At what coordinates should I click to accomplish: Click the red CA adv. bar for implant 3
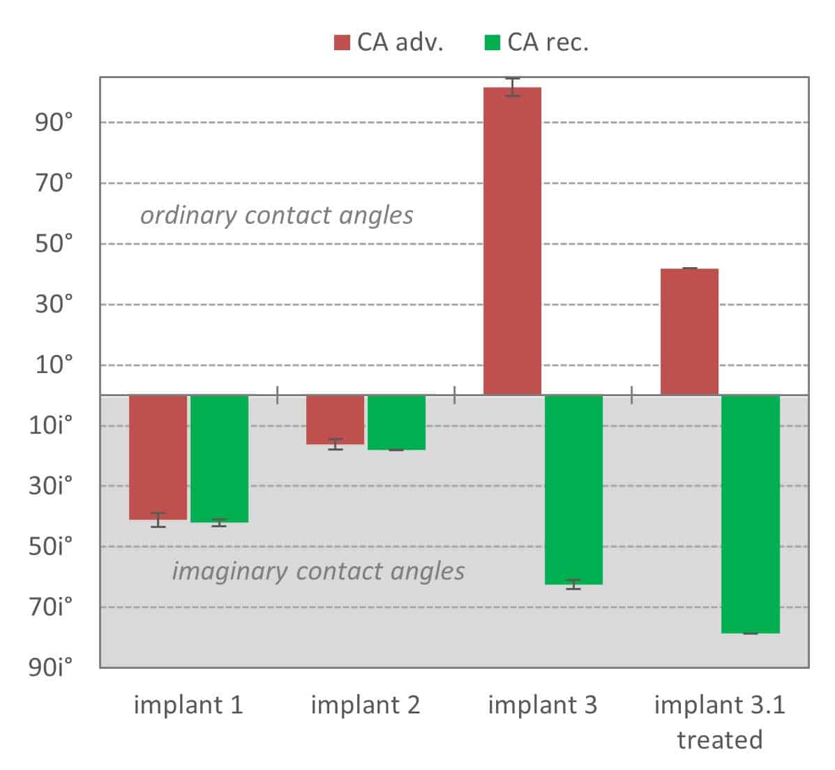[x=512, y=241]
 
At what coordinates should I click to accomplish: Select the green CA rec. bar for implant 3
[x=573, y=489]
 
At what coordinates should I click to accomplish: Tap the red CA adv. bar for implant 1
[x=158, y=457]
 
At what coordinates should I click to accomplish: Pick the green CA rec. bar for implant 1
[x=219, y=458]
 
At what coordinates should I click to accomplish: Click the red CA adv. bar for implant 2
[x=336, y=419]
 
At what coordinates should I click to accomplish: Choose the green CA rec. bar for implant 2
[x=396, y=422]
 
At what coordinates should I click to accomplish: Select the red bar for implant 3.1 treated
[x=689, y=331]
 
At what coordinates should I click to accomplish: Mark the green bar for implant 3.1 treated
[x=750, y=514]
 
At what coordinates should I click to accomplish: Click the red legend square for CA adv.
[x=342, y=43]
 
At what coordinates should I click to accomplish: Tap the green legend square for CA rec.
[x=492, y=43]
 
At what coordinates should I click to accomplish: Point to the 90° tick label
[x=54, y=123]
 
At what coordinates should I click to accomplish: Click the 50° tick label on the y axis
[x=54, y=244]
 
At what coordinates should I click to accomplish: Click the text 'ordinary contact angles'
[x=277, y=215]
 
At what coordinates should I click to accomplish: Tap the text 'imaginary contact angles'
[x=318, y=571]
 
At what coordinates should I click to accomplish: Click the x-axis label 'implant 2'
[x=366, y=704]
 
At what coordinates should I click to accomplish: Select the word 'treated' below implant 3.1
[x=719, y=739]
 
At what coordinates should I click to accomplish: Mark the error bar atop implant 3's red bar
[x=513, y=87]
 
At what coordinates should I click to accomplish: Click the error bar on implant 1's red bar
[x=158, y=520]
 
